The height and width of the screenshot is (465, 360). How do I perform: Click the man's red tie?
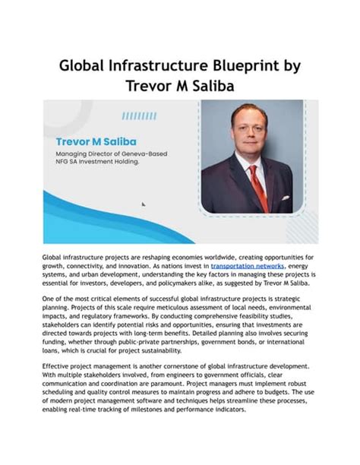click(x=260, y=186)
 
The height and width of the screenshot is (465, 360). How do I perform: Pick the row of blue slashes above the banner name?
click(x=138, y=115)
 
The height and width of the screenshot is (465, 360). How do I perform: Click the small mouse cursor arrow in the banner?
click(x=144, y=203)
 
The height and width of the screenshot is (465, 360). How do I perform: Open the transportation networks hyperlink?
click(x=247, y=266)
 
